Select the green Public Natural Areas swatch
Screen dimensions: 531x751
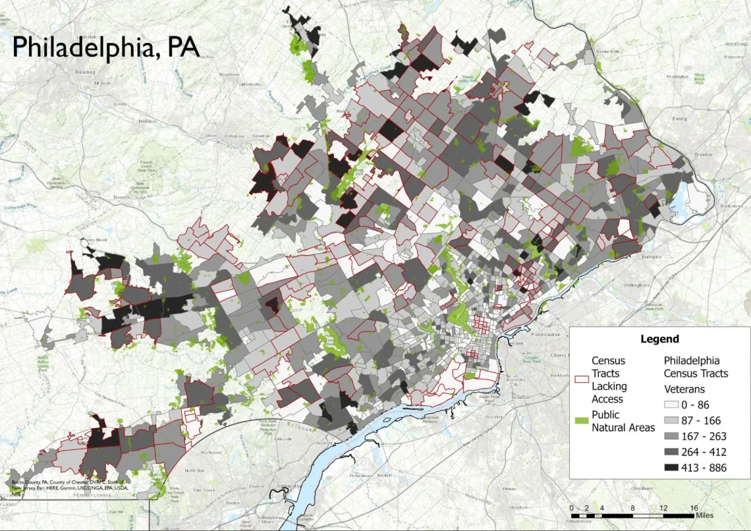(581, 418)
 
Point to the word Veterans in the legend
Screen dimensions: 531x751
(684, 389)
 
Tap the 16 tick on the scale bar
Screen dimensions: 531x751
(694, 508)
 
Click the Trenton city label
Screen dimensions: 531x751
(703, 154)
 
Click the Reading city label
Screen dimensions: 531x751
(86, 72)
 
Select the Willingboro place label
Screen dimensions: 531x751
(631, 285)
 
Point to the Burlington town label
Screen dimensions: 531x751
(631, 259)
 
